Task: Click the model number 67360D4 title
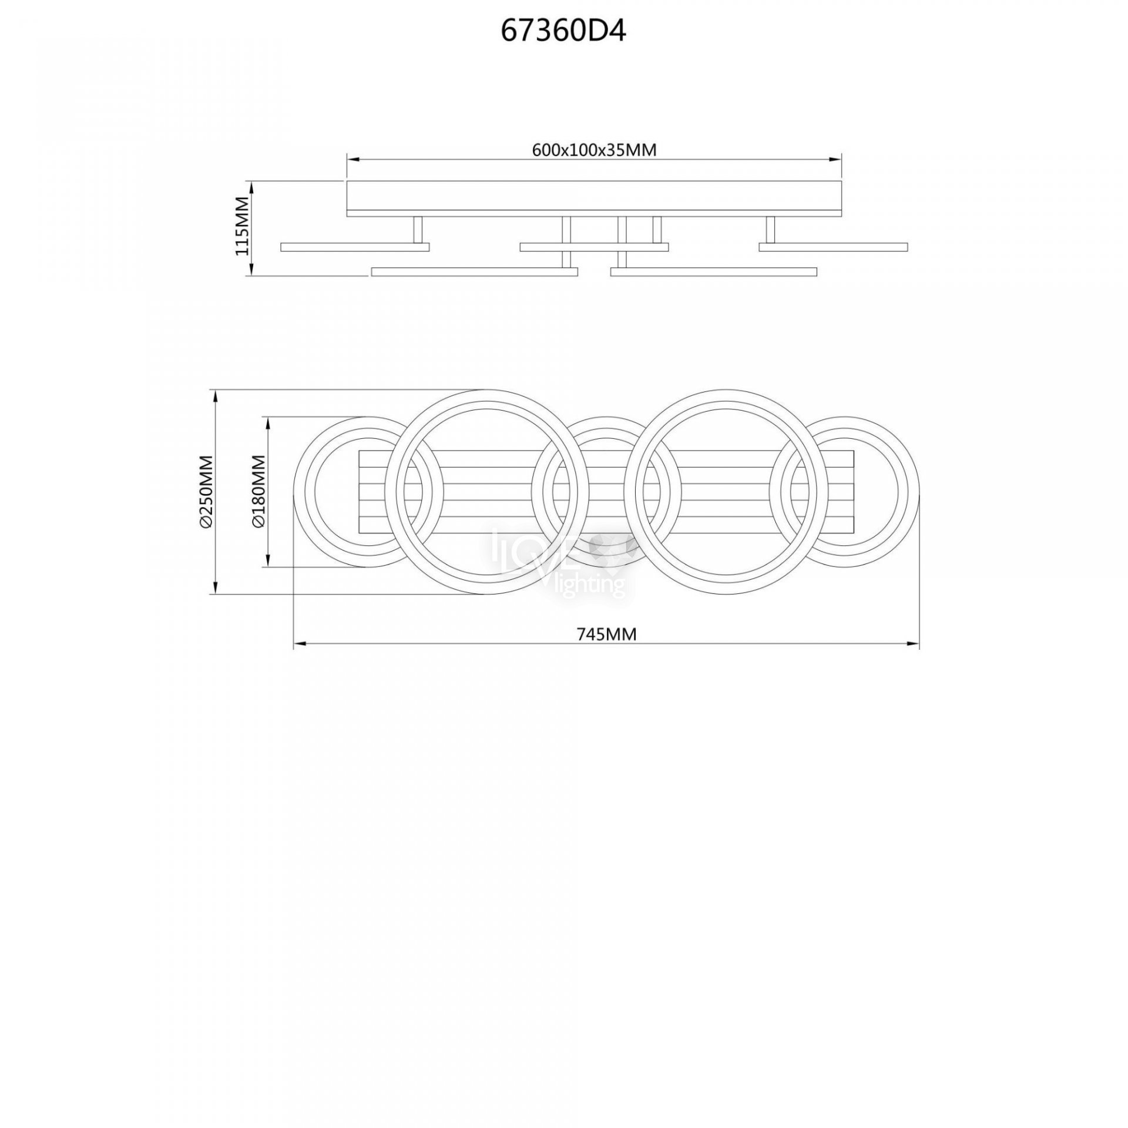563,32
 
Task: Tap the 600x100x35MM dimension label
594,150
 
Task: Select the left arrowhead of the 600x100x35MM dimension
354,159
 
